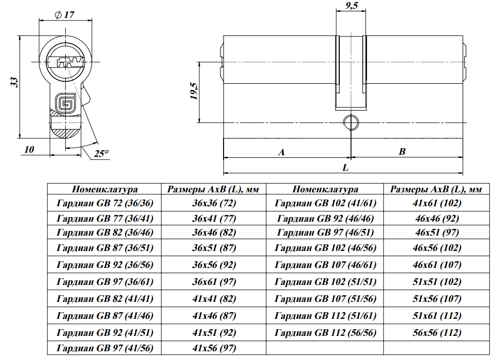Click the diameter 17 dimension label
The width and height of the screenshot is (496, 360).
click(64, 14)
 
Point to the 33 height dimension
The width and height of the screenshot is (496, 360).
click(14, 82)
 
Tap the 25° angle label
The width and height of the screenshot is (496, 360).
click(102, 153)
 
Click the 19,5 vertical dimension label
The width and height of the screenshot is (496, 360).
click(193, 91)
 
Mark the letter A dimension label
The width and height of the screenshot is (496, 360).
click(281, 152)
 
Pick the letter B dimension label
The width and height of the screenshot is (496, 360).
click(402, 152)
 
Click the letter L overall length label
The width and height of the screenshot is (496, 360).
click(345, 168)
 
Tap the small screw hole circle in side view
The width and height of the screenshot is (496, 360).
click(351, 122)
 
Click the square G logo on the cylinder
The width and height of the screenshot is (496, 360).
click(65, 102)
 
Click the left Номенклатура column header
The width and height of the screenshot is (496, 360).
click(105, 189)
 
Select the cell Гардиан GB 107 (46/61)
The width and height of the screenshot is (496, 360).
click(326, 265)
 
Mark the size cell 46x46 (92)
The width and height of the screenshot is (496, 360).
click(437, 218)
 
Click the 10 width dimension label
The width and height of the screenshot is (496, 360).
click(29, 150)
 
